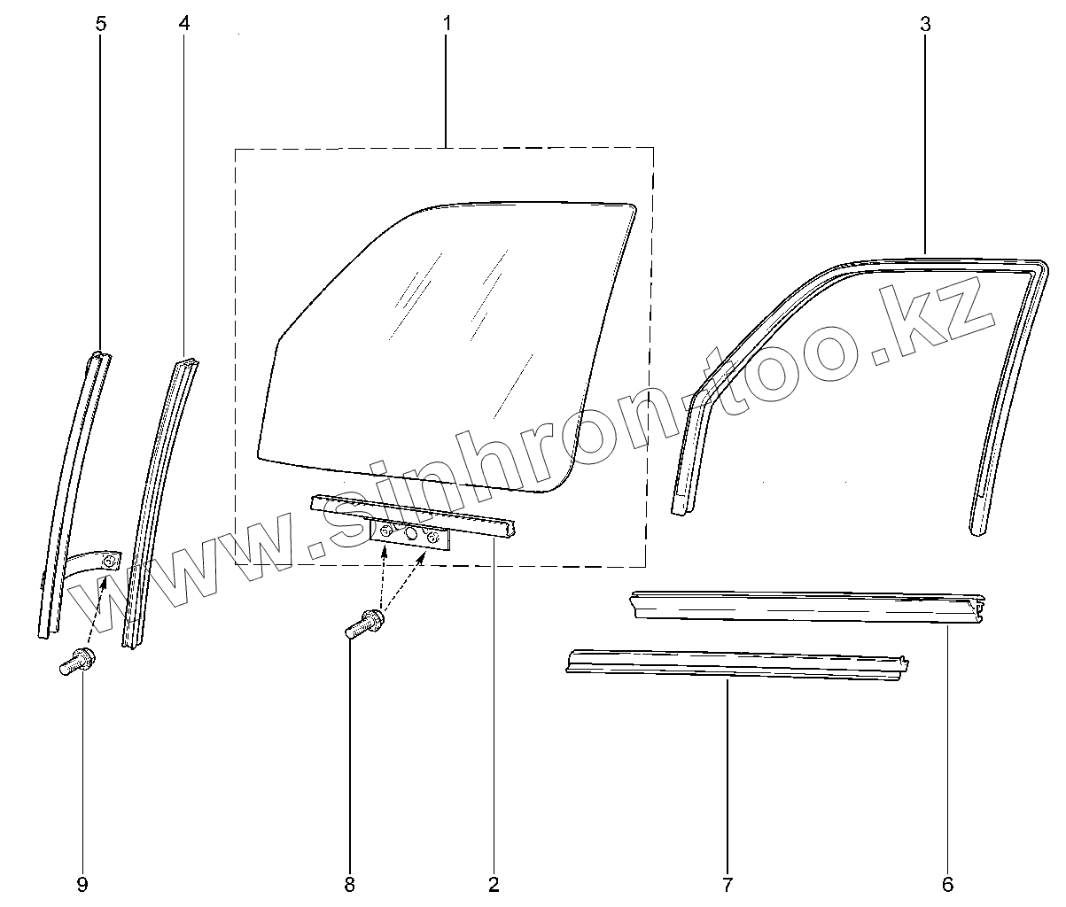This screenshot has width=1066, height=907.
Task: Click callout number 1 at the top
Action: pyautogui.click(x=447, y=23)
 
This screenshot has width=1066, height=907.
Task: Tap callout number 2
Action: pyautogui.click(x=494, y=883)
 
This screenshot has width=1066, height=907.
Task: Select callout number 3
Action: pyautogui.click(x=925, y=23)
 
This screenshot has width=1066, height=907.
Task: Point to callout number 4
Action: pyautogui.click(x=183, y=23)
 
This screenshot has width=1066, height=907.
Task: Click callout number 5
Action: pyautogui.click(x=100, y=23)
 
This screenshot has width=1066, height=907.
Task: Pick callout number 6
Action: pyautogui.click(x=947, y=883)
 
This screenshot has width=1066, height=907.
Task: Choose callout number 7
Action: pyautogui.click(x=727, y=883)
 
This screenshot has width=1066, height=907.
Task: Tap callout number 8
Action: pyautogui.click(x=349, y=883)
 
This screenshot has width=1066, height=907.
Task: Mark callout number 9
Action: pyautogui.click(x=82, y=883)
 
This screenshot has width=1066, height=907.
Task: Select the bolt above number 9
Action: pyautogui.click(x=78, y=663)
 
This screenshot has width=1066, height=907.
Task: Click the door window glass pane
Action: pyautogui.click(x=443, y=354)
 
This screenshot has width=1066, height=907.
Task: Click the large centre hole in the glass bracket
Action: pyautogui.click(x=410, y=534)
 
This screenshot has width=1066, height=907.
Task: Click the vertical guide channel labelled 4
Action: pyautogui.click(x=160, y=496)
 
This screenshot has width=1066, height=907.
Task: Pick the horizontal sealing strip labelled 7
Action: pyautogui.click(x=735, y=665)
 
